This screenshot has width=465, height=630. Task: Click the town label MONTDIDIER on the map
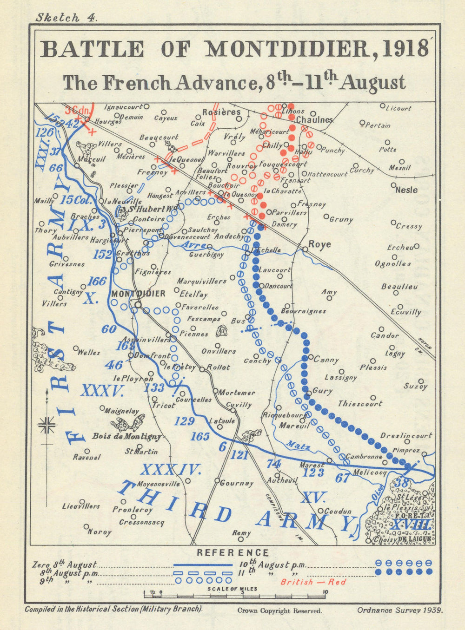click(138, 294)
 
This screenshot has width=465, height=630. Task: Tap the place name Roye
click(320, 244)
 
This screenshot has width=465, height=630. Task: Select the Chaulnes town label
click(314, 120)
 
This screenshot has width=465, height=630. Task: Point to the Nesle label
click(406, 190)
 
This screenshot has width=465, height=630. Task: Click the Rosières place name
click(221, 112)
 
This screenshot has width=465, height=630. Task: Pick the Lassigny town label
click(340, 377)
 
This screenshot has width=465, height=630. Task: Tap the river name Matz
click(298, 446)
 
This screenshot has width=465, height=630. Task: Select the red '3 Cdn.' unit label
click(77, 110)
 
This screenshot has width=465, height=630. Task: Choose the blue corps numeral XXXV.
click(102, 391)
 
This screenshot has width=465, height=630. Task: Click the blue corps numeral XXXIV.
click(171, 470)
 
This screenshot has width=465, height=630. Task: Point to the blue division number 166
click(97, 281)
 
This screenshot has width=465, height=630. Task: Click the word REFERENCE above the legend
click(232, 553)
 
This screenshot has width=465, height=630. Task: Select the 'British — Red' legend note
click(313, 582)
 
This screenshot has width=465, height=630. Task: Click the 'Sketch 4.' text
click(66, 18)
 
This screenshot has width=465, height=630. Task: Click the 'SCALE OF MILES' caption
click(232, 589)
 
